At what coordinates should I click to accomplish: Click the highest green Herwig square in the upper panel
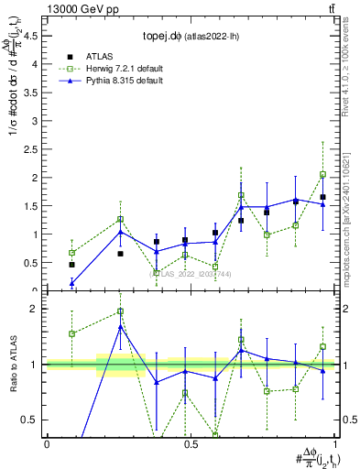(323, 174)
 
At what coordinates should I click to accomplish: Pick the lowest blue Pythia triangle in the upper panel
(72, 283)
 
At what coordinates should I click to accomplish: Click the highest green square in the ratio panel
(120, 311)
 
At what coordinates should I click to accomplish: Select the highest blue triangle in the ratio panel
(120, 327)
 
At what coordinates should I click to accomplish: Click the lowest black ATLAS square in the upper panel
(72, 264)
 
